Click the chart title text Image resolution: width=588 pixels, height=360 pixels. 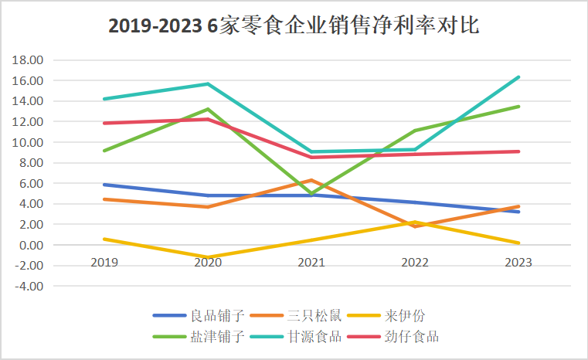pyautogui.click(x=294, y=26)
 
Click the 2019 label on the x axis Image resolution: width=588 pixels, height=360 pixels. pyautogui.click(x=104, y=263)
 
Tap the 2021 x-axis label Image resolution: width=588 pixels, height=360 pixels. pyautogui.click(x=311, y=263)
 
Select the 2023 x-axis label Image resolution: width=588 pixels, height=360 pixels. pyautogui.click(x=518, y=263)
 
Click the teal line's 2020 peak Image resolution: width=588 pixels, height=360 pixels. pyautogui.click(x=208, y=83)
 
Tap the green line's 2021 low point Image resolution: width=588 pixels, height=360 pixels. pyautogui.click(x=311, y=195)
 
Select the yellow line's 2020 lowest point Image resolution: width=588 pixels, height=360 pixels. pyautogui.click(x=208, y=257)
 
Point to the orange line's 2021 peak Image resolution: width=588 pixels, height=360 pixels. pyautogui.click(x=311, y=180)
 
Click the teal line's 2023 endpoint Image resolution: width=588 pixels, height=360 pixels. pyautogui.click(x=518, y=76)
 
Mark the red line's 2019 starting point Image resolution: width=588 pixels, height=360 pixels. pyautogui.click(x=104, y=123)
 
